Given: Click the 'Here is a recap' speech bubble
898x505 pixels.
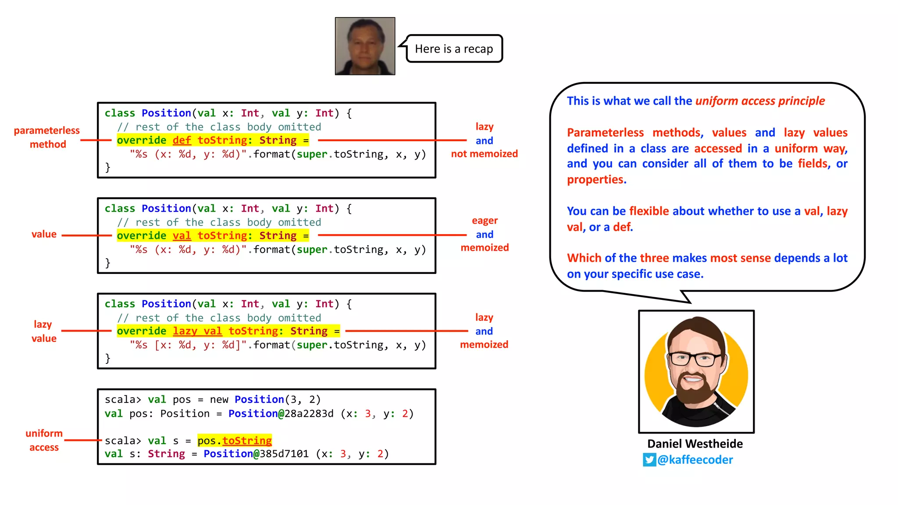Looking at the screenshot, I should click(454, 49).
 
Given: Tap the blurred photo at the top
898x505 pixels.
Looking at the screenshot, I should click(365, 46).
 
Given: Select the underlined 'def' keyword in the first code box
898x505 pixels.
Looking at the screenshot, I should click(182, 140).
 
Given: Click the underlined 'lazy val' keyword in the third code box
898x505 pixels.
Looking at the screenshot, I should click(197, 331).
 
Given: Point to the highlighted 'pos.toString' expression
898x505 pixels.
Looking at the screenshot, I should click(235, 441).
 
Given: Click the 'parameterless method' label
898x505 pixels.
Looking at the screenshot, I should click(47, 137).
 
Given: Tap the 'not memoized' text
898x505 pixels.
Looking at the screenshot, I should click(485, 154).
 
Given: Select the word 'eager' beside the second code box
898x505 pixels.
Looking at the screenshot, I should click(485, 220).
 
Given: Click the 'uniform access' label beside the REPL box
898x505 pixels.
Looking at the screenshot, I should click(44, 440).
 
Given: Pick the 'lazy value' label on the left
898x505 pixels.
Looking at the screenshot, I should click(43, 331).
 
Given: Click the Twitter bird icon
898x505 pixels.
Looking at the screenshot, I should click(649, 460).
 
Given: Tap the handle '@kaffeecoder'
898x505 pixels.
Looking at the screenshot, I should click(695, 460).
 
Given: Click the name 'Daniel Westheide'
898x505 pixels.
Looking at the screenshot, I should click(695, 444).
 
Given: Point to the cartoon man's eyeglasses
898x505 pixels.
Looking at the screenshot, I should click(695, 359).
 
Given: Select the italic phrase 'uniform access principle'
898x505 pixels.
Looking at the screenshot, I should click(760, 101).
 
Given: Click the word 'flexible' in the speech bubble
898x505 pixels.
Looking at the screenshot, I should click(649, 211).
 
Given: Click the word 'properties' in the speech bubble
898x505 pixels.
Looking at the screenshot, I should click(595, 180).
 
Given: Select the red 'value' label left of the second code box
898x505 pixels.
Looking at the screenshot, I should click(44, 235).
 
